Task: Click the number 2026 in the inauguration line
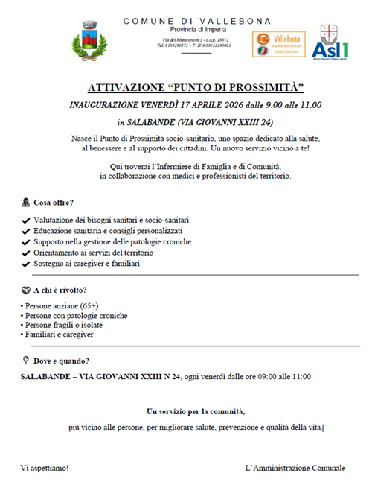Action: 221,104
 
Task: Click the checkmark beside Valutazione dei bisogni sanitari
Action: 26,221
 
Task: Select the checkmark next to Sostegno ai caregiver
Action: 26,264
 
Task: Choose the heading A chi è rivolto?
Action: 60,290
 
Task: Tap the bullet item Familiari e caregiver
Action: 62,335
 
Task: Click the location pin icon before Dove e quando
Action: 26,361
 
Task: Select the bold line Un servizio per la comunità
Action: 196,411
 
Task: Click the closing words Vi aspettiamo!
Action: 45,468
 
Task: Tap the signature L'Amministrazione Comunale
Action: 295,468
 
